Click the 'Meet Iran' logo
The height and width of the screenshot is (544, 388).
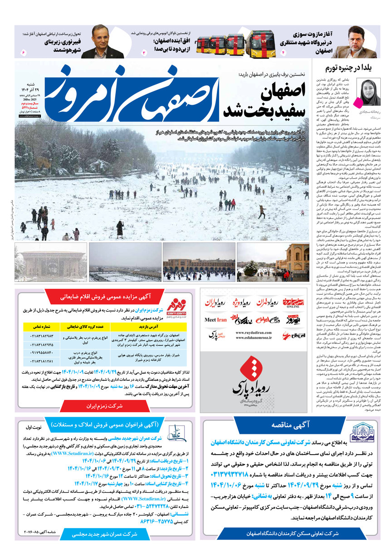[x=216, y=320]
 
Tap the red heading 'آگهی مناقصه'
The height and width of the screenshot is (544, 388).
[x=290, y=425]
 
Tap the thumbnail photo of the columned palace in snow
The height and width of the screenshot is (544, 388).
[x=50, y=262]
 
